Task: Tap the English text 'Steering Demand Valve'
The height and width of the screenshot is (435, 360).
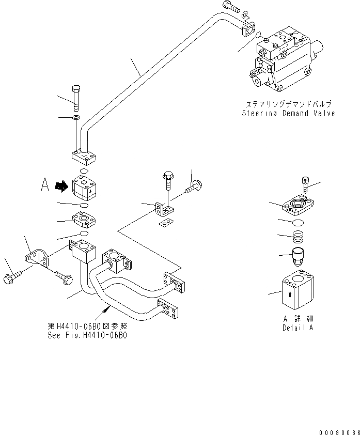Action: [289, 114]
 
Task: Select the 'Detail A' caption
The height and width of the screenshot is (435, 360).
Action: [298, 328]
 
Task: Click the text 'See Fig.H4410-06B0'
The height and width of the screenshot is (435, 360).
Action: [87, 334]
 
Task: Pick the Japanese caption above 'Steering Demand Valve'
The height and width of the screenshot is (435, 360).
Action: [289, 104]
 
